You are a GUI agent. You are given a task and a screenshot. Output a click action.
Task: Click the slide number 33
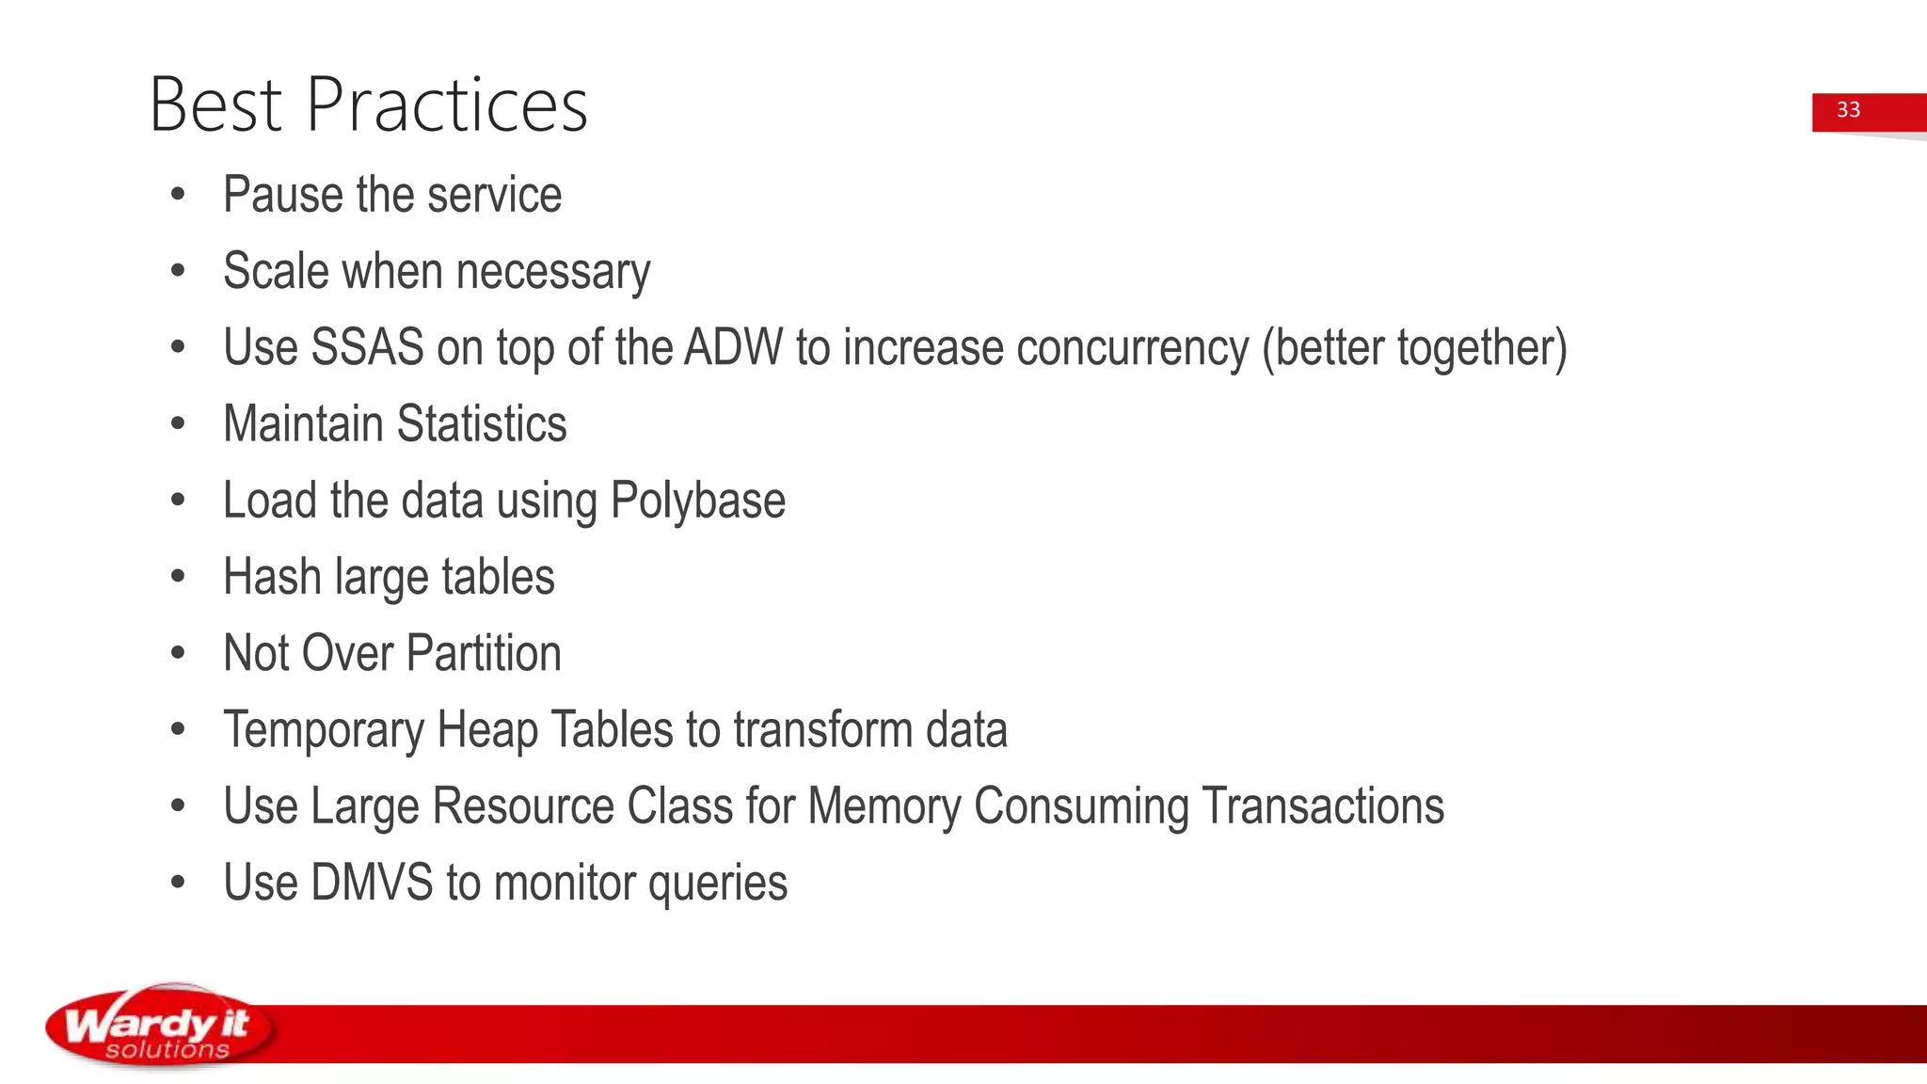pyautogui.click(x=1848, y=110)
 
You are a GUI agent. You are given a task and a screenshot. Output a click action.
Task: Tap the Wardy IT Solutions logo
pyautogui.click(x=160, y=1028)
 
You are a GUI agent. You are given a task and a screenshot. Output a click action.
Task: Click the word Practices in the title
pyautogui.click(x=447, y=104)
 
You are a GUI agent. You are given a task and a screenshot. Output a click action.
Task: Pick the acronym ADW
pyautogui.click(x=733, y=347)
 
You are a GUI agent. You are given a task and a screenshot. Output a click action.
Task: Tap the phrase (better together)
pyautogui.click(x=1414, y=347)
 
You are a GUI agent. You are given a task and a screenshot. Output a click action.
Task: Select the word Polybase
pyautogui.click(x=697, y=501)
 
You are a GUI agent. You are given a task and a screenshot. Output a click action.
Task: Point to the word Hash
pyautogui.click(x=272, y=577)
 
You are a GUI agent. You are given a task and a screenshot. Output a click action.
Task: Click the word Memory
pyautogui.click(x=884, y=806)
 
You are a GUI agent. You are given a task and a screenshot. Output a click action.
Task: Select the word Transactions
pyautogui.click(x=1323, y=806)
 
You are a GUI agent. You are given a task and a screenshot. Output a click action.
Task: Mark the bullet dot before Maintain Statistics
pyautogui.click(x=179, y=424)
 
